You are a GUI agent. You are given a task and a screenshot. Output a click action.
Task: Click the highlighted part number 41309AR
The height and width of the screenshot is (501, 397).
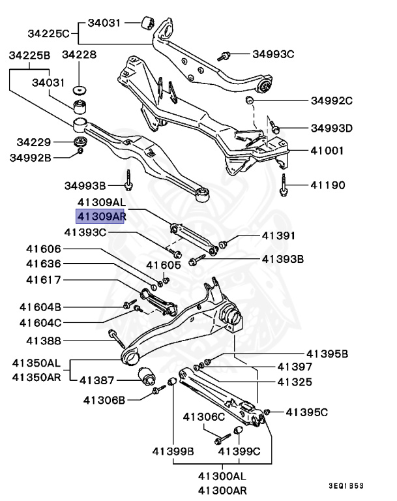[x=100, y=216]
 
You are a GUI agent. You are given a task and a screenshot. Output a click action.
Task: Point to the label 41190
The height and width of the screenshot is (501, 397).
[x=327, y=185]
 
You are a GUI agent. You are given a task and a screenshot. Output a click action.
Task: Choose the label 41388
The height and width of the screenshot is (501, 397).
[x=44, y=341]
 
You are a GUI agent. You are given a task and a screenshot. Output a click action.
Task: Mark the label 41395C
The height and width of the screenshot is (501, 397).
[x=307, y=412]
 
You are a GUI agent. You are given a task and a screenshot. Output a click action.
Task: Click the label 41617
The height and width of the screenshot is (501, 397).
[x=44, y=281]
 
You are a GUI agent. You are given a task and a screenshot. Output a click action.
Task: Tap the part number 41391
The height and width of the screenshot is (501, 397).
[x=279, y=235]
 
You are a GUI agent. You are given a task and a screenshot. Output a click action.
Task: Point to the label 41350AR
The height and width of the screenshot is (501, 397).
[x=35, y=377]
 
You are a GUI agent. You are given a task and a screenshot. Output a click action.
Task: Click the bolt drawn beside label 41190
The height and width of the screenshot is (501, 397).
[x=284, y=185]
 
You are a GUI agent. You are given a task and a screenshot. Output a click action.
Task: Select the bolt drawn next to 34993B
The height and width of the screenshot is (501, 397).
[x=129, y=178]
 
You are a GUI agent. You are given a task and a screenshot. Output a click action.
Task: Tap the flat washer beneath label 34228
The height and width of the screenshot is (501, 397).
[x=80, y=89]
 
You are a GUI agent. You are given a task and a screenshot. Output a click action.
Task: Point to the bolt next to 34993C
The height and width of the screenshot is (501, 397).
[x=225, y=55]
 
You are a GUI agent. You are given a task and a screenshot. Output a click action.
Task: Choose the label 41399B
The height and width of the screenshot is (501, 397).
[x=173, y=450]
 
